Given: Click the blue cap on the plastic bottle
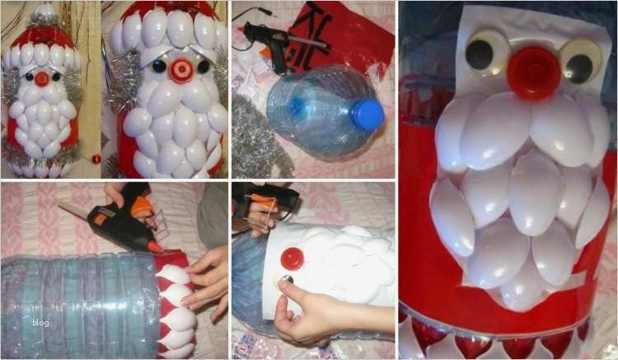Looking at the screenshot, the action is click(367, 115).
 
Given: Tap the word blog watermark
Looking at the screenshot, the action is click(40, 323).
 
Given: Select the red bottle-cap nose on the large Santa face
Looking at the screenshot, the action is click(534, 72).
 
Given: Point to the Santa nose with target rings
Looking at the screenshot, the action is click(181, 70).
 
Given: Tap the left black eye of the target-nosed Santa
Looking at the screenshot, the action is click(159, 66).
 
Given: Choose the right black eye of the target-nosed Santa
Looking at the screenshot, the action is click(204, 67).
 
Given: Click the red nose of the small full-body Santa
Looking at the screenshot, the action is click(41, 79).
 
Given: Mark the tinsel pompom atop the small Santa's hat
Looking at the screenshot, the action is click(43, 15).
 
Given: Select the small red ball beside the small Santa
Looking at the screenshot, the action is click(96, 159).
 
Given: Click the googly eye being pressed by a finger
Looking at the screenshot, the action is click(283, 279).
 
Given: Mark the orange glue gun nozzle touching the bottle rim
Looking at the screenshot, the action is click(153, 246).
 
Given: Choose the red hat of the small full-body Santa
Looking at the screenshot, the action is click(43, 36).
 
